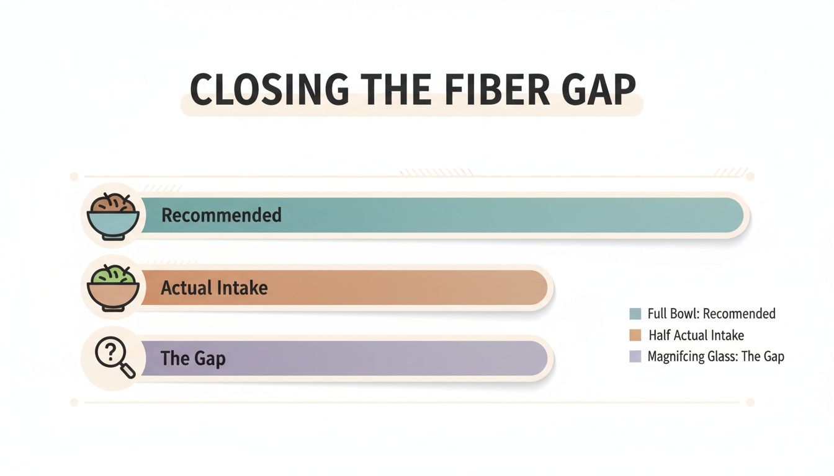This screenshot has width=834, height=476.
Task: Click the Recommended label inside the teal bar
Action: (221, 215)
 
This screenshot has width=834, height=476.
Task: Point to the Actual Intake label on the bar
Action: (214, 288)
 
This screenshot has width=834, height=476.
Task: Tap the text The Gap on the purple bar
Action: (192, 358)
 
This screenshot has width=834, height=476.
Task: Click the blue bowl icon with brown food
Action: (112, 214)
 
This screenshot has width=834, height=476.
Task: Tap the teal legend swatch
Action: (634, 314)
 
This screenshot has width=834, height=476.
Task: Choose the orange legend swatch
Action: (634, 335)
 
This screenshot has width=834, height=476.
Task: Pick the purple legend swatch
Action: (634, 356)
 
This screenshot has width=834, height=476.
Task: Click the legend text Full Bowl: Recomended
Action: (711, 314)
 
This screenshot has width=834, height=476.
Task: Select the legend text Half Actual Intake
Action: (696, 335)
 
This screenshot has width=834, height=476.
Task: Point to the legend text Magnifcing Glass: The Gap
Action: (715, 356)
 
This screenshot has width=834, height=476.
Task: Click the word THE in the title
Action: (388, 90)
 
